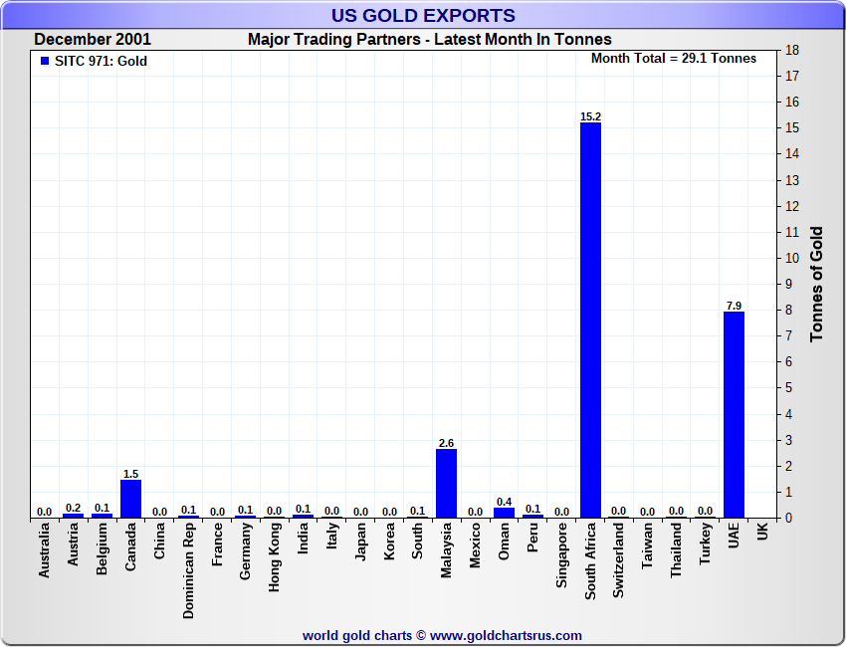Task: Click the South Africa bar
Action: pyautogui.click(x=590, y=319)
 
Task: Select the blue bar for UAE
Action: pyautogui.click(x=734, y=414)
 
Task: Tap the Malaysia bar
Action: pyautogui.click(x=447, y=483)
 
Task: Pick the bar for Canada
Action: pyautogui.click(x=130, y=498)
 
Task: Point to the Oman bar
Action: pyautogui.click(x=504, y=512)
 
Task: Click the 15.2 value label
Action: pyautogui.click(x=590, y=116)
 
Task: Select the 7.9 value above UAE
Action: pyautogui.click(x=734, y=306)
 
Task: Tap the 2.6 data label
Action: pyautogui.click(x=447, y=443)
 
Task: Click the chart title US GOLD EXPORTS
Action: pyautogui.click(x=423, y=15)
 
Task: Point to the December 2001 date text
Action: pyautogui.click(x=93, y=40)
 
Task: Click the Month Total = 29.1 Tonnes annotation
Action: pyautogui.click(x=674, y=58)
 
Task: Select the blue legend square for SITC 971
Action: pyautogui.click(x=44, y=61)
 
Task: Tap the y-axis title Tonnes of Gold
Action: pyautogui.click(x=817, y=284)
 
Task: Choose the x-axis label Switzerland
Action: pyautogui.click(x=619, y=561)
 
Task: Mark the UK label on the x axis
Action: pyautogui.click(x=762, y=534)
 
